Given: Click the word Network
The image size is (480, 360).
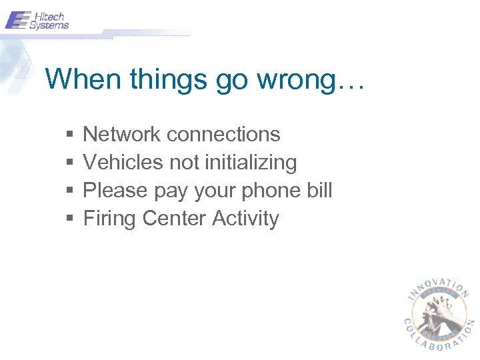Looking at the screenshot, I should click(x=122, y=134).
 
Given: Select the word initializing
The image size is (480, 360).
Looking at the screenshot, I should click(x=252, y=163).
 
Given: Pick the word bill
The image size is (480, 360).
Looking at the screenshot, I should click(x=321, y=190).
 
